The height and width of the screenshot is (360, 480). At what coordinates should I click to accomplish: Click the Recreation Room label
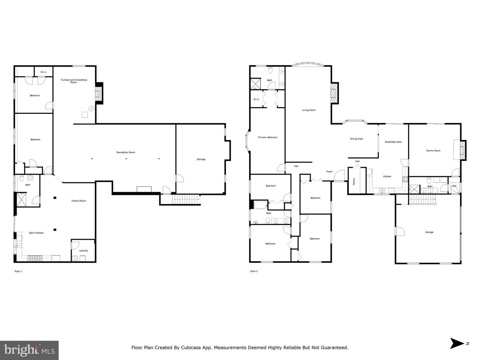tap(126, 153)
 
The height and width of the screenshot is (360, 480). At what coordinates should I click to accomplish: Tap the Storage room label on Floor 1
tap(201, 160)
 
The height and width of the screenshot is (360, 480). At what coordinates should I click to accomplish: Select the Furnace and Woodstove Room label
tap(74, 81)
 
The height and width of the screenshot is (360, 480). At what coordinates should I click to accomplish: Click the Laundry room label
tap(84, 251)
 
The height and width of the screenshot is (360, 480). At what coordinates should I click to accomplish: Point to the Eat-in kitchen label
tap(36, 233)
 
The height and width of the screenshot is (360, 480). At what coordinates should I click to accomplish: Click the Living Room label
tap(309, 110)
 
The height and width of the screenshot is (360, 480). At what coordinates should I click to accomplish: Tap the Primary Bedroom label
tap(268, 138)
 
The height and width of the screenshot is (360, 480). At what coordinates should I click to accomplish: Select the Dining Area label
tap(356, 139)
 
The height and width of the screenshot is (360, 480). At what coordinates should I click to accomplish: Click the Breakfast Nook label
tap(393, 142)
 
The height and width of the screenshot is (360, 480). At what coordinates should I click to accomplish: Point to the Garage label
tap(429, 232)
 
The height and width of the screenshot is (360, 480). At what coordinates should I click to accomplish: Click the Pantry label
tap(354, 181)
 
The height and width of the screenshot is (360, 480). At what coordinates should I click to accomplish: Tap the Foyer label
tap(329, 172)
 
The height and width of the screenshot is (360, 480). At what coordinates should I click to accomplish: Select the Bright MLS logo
tap(29, 350)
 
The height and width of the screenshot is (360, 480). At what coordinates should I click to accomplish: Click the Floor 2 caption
tap(254, 271)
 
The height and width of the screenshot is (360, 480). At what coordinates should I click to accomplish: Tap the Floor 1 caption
tap(18, 271)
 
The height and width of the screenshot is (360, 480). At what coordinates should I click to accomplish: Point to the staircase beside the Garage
tap(422, 200)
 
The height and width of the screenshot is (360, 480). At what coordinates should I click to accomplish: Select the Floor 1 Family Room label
tap(79, 201)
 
